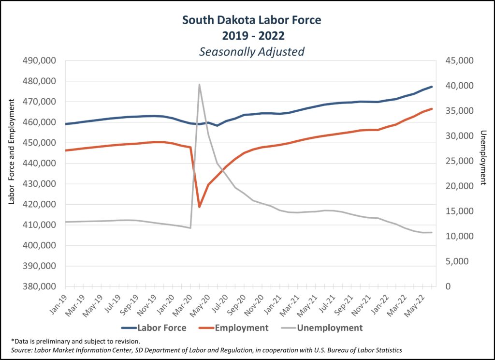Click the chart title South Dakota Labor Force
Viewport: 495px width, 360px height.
coord(251,20)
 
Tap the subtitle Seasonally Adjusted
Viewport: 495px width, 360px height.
coord(251,51)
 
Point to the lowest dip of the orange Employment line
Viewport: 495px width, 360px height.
coord(199,207)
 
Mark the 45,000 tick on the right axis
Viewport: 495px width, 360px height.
coord(458,61)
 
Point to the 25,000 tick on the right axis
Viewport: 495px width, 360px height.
coord(458,161)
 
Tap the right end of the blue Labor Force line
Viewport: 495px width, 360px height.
coord(432,87)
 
